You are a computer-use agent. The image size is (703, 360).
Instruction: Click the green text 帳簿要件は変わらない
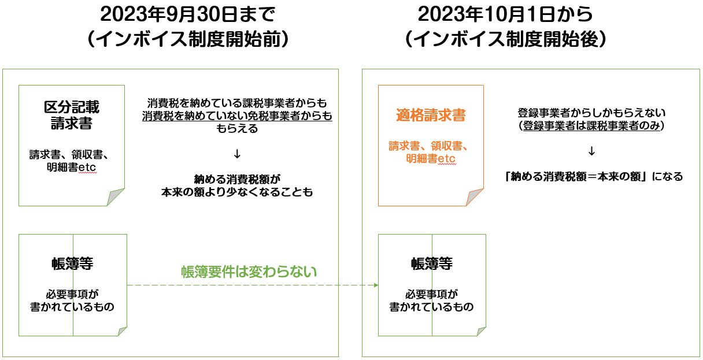pyautogui.click(x=249, y=272)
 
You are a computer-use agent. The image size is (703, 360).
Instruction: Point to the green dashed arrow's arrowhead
pyautogui.click(x=375, y=285)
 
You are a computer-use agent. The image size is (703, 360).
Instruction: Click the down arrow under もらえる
pyautogui.click(x=237, y=154)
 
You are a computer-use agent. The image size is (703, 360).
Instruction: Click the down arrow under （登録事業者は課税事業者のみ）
pyautogui.click(x=591, y=151)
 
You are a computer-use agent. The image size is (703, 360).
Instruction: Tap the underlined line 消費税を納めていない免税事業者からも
pyautogui.click(x=237, y=116)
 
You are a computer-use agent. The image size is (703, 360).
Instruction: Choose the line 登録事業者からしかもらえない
pyautogui.click(x=591, y=112)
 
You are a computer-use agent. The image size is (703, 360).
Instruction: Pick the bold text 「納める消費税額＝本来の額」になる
pyautogui.click(x=593, y=177)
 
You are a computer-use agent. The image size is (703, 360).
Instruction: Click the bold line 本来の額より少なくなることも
pyautogui.click(x=237, y=192)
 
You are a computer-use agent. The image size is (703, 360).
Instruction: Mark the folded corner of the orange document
pyautogui.click(x=476, y=198)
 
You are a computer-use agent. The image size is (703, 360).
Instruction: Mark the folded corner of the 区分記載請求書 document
pyautogui.click(x=116, y=198)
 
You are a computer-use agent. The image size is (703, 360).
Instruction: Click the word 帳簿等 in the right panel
pyautogui.click(x=431, y=264)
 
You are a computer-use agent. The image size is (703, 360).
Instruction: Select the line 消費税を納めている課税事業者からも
pyautogui.click(x=237, y=103)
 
